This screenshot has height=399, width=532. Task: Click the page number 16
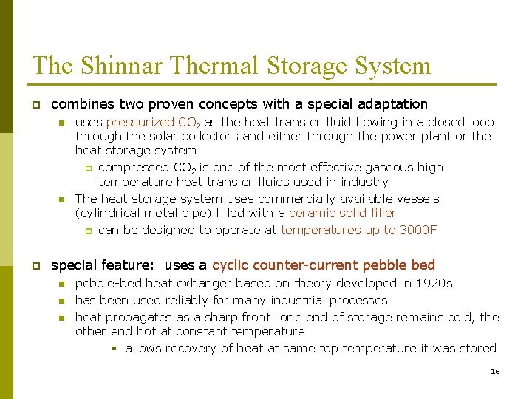(495, 371)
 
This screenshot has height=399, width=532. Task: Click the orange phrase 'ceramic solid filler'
(342, 214)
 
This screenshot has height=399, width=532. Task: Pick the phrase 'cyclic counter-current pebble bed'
(324, 265)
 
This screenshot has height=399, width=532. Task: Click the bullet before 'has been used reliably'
(63, 301)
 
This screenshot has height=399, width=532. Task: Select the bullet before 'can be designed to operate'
(88, 231)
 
